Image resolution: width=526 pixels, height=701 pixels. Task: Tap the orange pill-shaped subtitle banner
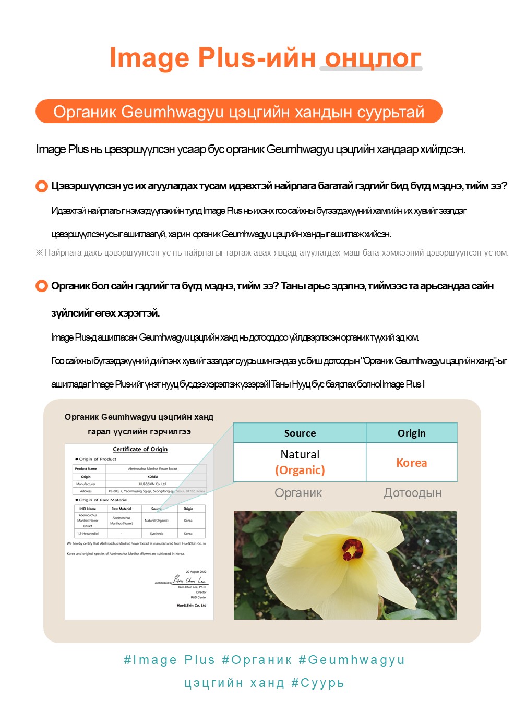pyautogui.click(x=238, y=112)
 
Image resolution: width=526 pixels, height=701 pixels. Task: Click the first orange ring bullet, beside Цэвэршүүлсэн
pyautogui.click(x=42, y=186)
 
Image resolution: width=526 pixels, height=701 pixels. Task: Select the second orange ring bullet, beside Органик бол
pyautogui.click(x=42, y=286)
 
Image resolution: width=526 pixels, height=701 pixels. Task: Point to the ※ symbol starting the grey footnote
pyautogui.click(x=39, y=253)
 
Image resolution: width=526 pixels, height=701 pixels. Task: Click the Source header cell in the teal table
pyautogui.click(x=300, y=433)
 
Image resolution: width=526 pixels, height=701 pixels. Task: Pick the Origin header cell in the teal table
pyautogui.click(x=411, y=433)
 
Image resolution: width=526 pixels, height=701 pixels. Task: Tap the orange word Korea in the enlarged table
pyautogui.click(x=411, y=463)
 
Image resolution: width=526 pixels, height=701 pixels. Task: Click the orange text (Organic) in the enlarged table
pyautogui.click(x=300, y=470)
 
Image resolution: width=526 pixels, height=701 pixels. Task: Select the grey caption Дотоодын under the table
pyautogui.click(x=413, y=493)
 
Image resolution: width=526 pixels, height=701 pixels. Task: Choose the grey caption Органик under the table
pyautogui.click(x=298, y=493)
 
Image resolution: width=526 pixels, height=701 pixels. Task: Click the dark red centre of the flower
pyautogui.click(x=352, y=549)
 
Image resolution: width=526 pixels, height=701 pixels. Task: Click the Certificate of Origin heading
pyautogui.click(x=140, y=449)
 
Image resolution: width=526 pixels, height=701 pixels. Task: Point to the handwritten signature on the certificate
pyautogui.click(x=189, y=580)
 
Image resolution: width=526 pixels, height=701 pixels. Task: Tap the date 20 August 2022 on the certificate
pyautogui.click(x=196, y=572)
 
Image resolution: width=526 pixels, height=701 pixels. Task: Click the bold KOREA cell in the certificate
pyautogui.click(x=152, y=477)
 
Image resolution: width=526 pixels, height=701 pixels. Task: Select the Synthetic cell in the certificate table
pyautogui.click(x=157, y=534)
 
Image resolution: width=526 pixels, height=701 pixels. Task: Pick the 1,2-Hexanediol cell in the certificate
pyautogui.click(x=87, y=534)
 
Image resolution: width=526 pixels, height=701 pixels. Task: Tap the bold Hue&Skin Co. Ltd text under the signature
pyautogui.click(x=192, y=605)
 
